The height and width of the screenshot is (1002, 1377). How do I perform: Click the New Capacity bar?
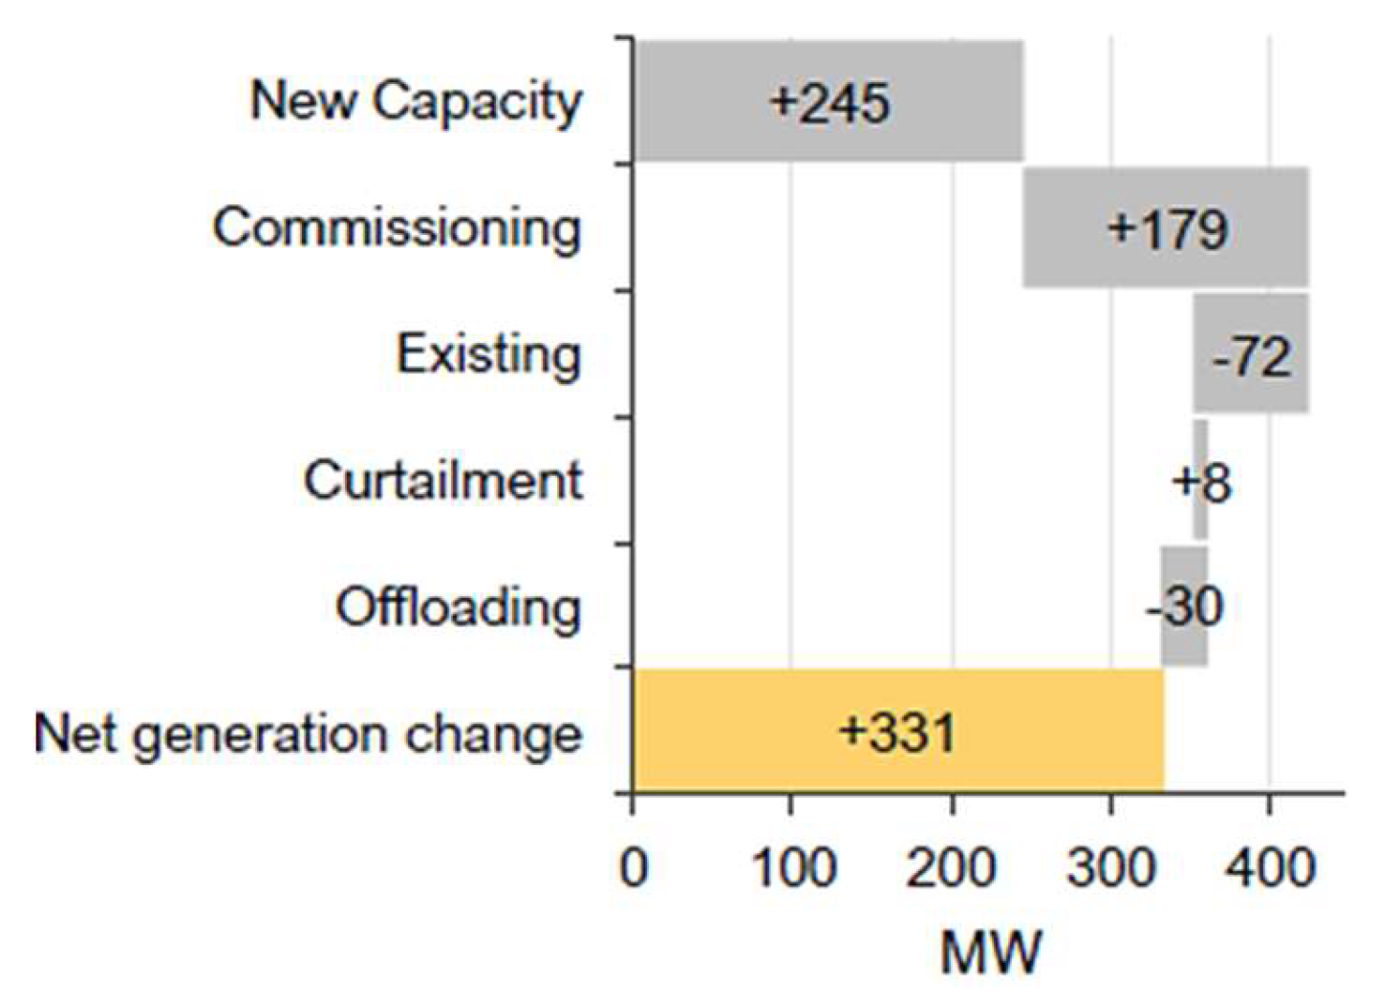[828, 101]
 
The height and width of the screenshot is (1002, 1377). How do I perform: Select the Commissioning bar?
[1166, 227]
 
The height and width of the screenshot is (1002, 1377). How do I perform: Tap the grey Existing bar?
[1252, 353]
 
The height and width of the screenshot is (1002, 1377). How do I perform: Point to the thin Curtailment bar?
[1200, 480]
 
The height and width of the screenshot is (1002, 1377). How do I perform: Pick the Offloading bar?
[1184, 606]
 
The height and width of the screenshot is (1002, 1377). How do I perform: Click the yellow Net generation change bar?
[899, 731]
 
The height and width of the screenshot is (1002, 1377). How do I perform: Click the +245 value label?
[829, 102]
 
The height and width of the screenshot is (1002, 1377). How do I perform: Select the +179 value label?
[1168, 229]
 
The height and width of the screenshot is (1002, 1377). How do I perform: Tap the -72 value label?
[1251, 355]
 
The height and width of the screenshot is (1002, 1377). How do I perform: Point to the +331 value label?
[897, 733]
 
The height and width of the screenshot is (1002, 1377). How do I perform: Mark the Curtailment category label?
[442, 480]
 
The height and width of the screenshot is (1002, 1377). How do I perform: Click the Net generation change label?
[308, 735]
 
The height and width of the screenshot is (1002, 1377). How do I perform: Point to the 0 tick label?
[634, 868]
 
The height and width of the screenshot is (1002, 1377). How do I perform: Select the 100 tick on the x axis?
[792, 868]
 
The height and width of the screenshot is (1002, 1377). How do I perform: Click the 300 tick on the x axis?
[1110, 868]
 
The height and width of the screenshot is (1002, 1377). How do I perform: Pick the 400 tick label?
[1271, 868]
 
